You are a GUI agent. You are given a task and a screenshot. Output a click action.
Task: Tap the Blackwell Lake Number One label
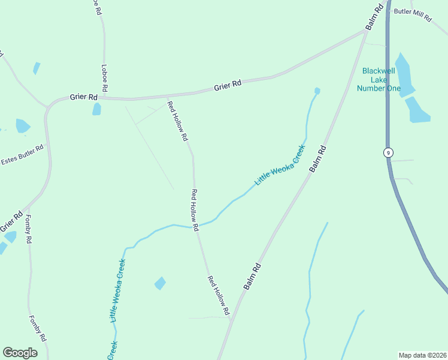[380, 79]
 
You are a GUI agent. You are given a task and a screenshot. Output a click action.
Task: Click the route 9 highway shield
[389, 152]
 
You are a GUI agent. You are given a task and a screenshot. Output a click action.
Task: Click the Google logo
[20, 352]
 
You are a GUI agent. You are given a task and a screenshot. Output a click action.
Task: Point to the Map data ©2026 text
[423, 355]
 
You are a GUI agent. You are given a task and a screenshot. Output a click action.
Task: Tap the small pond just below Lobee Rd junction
[96, 109]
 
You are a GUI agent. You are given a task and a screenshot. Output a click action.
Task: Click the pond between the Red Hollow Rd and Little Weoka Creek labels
[160, 283]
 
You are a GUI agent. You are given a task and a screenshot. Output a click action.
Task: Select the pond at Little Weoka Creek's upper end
[317, 91]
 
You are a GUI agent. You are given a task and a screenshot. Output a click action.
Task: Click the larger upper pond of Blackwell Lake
[404, 76]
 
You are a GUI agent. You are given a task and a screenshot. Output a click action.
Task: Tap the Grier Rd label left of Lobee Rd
[83, 97]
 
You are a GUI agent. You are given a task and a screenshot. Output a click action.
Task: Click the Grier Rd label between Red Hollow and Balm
[228, 86]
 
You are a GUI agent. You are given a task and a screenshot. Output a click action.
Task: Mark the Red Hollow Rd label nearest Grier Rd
[177, 121]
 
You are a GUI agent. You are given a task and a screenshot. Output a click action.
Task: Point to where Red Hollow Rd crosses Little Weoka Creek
[195, 227]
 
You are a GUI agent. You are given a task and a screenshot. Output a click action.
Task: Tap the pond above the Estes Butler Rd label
[22, 126]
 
